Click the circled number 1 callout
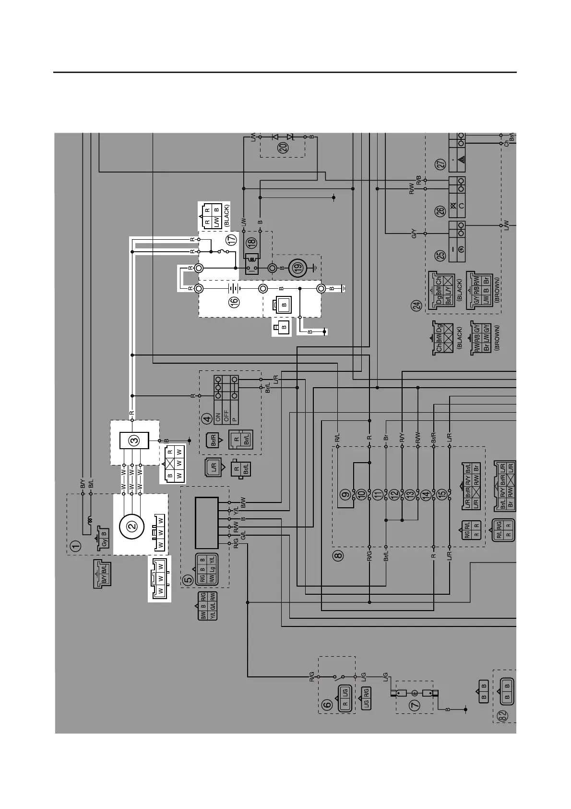76,546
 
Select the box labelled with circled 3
134,440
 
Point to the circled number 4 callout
207,418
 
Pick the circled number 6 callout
326,705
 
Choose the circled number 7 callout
415,705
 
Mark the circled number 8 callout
339,556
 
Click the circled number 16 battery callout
234,302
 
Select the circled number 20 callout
284,148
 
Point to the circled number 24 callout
417,305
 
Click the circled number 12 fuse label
394,493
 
